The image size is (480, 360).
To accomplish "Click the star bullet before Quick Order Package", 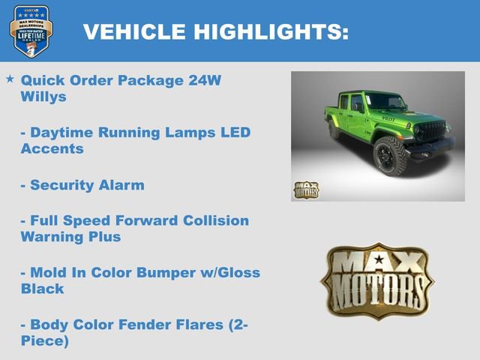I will pyautogui.click(x=10, y=79).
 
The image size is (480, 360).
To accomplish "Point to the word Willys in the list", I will pyautogui.click(x=43, y=97).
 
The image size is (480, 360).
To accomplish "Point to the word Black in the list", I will pyautogui.click(x=42, y=289).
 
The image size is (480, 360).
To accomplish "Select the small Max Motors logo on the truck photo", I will pyautogui.click(x=305, y=190).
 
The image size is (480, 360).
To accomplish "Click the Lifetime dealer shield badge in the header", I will pyautogui.click(x=31, y=31).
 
